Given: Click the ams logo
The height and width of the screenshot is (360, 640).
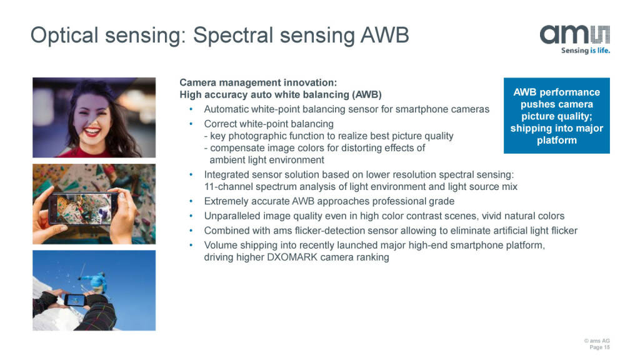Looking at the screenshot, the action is pyautogui.click(x=575, y=35).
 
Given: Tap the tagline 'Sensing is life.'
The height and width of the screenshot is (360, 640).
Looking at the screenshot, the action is pyautogui.click(x=585, y=51).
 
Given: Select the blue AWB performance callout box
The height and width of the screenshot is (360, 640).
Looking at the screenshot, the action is pyautogui.click(x=557, y=116).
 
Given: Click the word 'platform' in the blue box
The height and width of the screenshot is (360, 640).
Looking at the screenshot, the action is pyautogui.click(x=557, y=141).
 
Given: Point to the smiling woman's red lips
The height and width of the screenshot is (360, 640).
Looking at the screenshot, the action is pyautogui.click(x=92, y=132).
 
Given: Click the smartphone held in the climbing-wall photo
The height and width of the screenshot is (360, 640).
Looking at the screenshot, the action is pyautogui.click(x=84, y=208).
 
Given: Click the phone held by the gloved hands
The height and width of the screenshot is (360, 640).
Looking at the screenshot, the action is pyautogui.click(x=75, y=301).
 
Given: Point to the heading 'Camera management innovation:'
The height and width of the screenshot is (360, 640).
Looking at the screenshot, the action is pyautogui.click(x=258, y=82).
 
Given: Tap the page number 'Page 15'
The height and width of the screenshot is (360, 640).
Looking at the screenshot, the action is pyautogui.click(x=599, y=347).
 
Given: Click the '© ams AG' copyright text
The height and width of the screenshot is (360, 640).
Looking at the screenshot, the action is pyautogui.click(x=597, y=341).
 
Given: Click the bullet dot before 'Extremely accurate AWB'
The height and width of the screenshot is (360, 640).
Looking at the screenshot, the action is pyautogui.click(x=191, y=201).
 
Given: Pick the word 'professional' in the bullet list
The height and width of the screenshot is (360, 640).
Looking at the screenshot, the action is pyautogui.click(x=397, y=201).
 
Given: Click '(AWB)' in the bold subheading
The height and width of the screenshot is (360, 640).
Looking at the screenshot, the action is pyautogui.click(x=367, y=95).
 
